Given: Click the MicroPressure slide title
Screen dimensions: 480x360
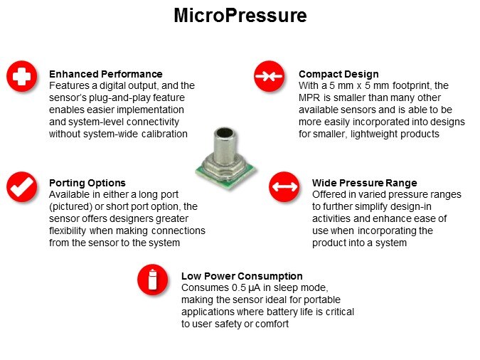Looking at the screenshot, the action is pyautogui.click(x=240, y=16).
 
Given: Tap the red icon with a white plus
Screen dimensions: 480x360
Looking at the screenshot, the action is pyautogui.click(x=22, y=76).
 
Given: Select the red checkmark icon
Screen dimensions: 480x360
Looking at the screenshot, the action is pyautogui.click(x=22, y=186).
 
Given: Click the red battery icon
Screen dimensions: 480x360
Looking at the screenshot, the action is pyautogui.click(x=152, y=280).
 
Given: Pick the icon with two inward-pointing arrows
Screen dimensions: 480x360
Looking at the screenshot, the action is pyautogui.click(x=269, y=76).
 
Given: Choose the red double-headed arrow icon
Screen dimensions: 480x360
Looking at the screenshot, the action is pyautogui.click(x=284, y=186).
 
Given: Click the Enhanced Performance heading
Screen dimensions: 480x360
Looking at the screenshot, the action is pyautogui.click(x=106, y=74).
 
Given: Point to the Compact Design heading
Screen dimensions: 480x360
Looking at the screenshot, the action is pyautogui.click(x=338, y=74).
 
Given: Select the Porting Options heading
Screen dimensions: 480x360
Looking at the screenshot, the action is pyautogui.click(x=87, y=183).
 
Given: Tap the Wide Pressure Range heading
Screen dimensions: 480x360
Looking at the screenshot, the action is pyautogui.click(x=365, y=183).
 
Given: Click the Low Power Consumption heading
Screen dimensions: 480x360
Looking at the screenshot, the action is pyautogui.click(x=242, y=276).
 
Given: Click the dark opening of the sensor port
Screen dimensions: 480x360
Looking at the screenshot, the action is pyautogui.click(x=225, y=132).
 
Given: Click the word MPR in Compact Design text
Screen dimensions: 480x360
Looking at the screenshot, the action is pyautogui.click(x=309, y=97).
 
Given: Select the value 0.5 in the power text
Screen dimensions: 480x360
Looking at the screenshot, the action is pyautogui.click(x=239, y=287).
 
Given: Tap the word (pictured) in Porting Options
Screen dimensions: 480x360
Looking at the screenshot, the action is pyautogui.click(x=70, y=207).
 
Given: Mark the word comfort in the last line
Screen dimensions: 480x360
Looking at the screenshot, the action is pyautogui.click(x=272, y=324).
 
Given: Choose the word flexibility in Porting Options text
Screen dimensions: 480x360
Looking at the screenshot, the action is pyautogui.click(x=68, y=231).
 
